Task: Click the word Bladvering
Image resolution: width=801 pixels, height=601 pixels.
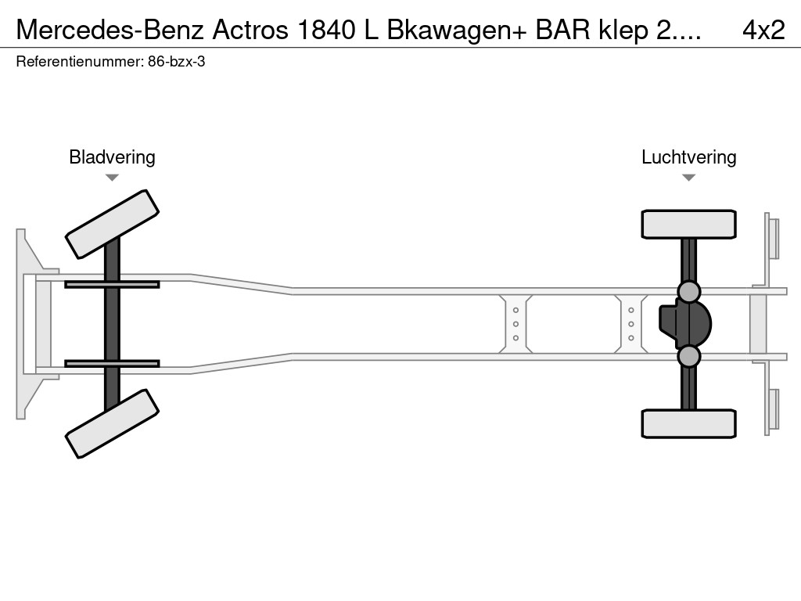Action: [x=112, y=157]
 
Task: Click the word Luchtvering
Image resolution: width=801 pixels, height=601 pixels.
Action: [x=688, y=157]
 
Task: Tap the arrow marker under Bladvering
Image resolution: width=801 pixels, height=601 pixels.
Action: [x=112, y=178]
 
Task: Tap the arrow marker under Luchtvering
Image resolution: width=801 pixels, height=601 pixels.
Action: [x=688, y=178]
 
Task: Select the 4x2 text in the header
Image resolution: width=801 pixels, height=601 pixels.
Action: [x=763, y=30]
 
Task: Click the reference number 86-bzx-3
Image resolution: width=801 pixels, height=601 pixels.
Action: [x=176, y=61]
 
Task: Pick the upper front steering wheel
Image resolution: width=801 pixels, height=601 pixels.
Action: [x=112, y=224]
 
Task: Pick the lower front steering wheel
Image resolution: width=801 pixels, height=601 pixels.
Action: [x=112, y=423]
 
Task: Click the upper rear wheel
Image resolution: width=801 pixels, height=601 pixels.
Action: [x=688, y=224]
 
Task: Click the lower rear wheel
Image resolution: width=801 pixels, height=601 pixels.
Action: [x=688, y=423]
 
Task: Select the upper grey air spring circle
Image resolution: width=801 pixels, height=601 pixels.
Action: [x=688, y=291]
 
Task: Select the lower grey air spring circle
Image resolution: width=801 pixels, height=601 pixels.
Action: [x=688, y=357]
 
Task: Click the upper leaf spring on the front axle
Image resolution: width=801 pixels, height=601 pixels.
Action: [x=112, y=284]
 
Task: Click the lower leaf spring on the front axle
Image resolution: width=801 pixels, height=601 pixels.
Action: [x=112, y=364]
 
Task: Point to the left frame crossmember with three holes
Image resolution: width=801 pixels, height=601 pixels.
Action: [x=516, y=324]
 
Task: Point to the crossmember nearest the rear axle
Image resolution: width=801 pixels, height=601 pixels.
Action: [x=630, y=324]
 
